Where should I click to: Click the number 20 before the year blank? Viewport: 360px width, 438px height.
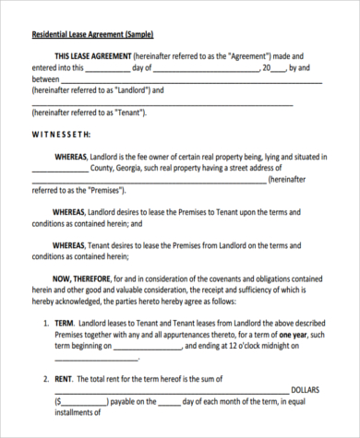click(267, 67)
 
